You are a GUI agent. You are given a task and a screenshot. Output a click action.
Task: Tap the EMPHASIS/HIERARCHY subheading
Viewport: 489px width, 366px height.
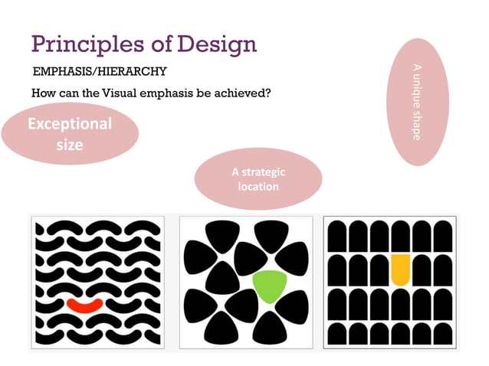point(100,72)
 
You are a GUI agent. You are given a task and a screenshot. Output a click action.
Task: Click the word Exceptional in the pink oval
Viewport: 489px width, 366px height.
point(70,123)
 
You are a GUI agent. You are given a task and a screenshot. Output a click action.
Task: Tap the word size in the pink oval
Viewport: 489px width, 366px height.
point(70,143)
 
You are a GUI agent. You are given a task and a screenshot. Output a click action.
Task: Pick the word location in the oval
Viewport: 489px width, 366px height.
point(258,186)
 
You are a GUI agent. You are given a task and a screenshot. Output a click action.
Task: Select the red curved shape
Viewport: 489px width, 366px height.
point(84,305)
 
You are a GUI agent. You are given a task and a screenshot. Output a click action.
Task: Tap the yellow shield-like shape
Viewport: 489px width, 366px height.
point(401,270)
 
